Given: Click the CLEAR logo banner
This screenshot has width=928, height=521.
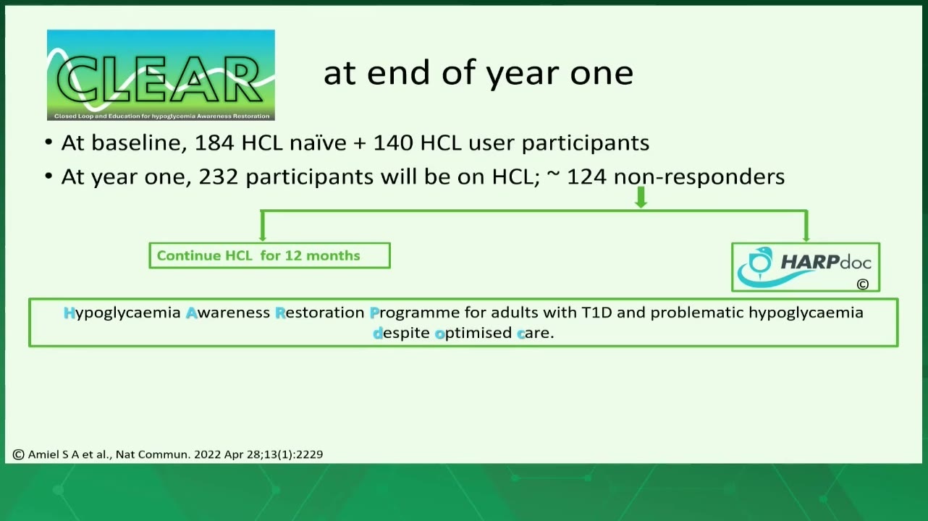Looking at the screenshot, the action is pyautogui.click(x=161, y=75).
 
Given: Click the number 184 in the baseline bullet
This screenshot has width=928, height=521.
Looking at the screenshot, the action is pyautogui.click(x=214, y=143).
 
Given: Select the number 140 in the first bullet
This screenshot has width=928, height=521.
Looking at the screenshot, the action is pyautogui.click(x=393, y=143).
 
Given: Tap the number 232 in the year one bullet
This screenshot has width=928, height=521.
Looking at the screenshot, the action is pyautogui.click(x=219, y=177).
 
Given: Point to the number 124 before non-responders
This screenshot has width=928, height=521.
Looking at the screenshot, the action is pyautogui.click(x=586, y=177).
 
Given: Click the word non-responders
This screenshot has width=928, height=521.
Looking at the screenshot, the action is pyautogui.click(x=699, y=177).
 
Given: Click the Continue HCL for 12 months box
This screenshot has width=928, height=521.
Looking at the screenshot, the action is pyautogui.click(x=270, y=255).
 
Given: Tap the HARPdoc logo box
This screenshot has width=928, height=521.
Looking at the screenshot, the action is pyautogui.click(x=806, y=267).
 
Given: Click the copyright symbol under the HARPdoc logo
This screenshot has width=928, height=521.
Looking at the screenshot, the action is pyautogui.click(x=863, y=284).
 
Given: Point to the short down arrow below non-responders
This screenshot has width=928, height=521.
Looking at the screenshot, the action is pyautogui.click(x=641, y=197).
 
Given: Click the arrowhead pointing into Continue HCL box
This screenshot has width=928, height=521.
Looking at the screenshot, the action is pyautogui.click(x=262, y=238).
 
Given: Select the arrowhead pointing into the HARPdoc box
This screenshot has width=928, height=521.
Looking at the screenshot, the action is pyautogui.click(x=806, y=238).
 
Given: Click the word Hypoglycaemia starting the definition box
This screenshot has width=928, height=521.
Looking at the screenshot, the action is pyautogui.click(x=122, y=313).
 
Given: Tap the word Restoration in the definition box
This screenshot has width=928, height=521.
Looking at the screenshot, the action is pyautogui.click(x=320, y=313).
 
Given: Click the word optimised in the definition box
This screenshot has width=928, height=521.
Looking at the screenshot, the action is pyautogui.click(x=474, y=334).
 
